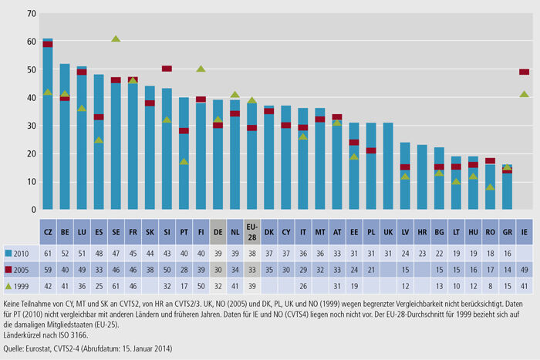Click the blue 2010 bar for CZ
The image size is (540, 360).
48,131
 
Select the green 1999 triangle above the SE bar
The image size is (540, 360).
116,39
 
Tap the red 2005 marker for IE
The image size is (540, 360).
524,72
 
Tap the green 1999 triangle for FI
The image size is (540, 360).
201,69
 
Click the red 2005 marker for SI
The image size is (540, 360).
167,69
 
